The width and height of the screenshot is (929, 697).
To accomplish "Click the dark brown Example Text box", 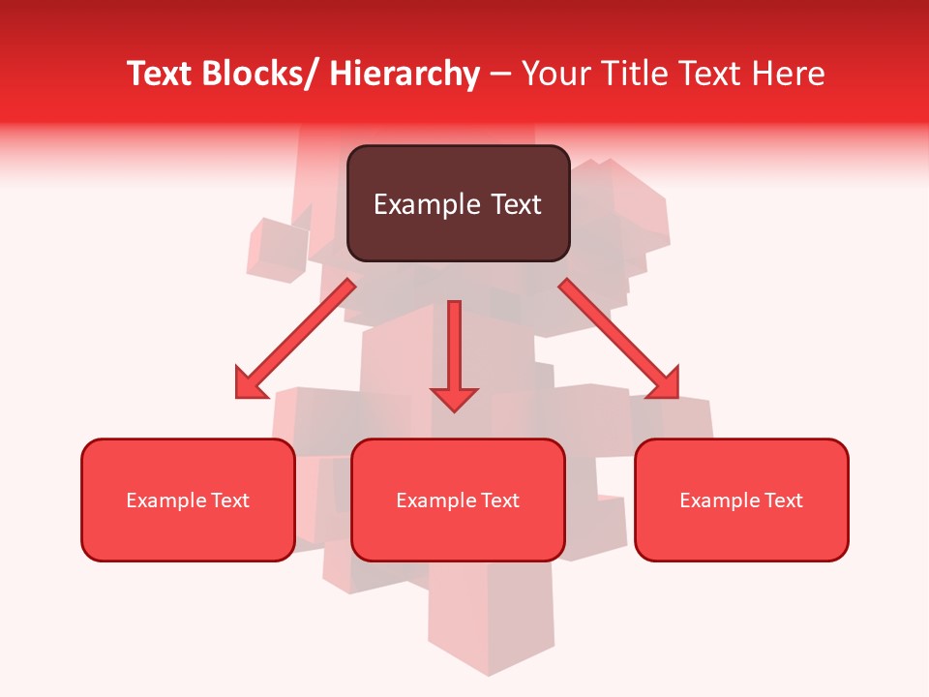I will coord(458,203).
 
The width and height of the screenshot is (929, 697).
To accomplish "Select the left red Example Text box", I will coord(188,500).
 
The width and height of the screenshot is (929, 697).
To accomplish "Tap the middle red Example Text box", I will coord(458,500).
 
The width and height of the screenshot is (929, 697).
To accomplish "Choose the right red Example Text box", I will coord(741,500).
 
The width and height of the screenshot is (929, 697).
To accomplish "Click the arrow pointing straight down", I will coord(454,354).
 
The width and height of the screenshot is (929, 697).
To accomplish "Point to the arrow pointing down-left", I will coord(295,339).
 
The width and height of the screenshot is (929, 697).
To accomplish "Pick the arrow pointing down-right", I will coord(619,339).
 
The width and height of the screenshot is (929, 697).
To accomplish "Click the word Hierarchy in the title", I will coord(405,74).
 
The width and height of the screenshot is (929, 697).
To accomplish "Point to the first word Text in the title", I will coord(161,74).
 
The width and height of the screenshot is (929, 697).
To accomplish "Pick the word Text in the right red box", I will coord(785,500).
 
